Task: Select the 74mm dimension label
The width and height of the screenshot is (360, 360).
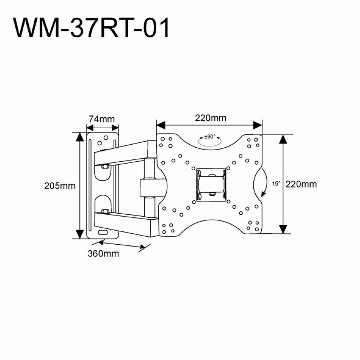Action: [102, 119]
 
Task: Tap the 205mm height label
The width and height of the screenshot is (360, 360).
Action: [60, 186]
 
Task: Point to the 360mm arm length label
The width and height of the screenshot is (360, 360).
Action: [103, 253]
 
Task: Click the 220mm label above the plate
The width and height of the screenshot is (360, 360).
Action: [211, 118]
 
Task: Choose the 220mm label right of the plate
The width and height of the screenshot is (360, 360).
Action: [301, 184]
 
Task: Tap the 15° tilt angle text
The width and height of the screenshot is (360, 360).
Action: [276, 184]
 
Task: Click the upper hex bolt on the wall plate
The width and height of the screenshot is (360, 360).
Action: [105, 166]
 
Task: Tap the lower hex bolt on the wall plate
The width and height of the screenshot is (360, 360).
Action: [105, 211]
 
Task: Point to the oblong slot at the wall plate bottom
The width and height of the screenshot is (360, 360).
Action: [103, 232]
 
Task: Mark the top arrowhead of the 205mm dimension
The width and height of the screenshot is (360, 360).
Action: [80, 137]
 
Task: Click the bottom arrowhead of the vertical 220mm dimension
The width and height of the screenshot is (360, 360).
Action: [283, 229]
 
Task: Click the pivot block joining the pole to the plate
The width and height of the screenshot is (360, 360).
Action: [153, 187]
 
